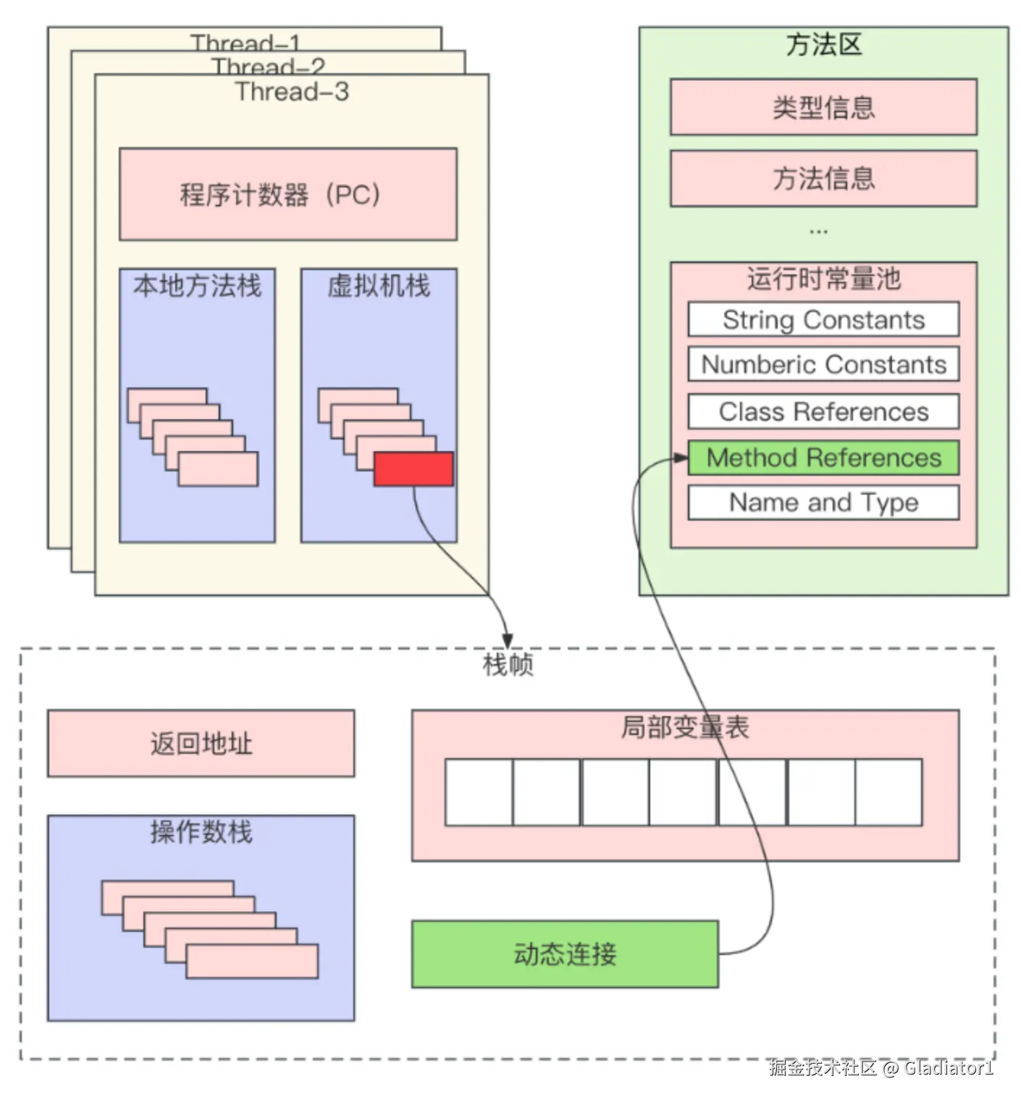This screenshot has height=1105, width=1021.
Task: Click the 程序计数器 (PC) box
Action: (x=287, y=194)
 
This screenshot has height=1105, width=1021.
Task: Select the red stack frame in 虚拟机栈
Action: (x=413, y=469)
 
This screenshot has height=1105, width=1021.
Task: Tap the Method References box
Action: (x=823, y=458)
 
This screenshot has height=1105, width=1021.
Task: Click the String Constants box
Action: (x=823, y=319)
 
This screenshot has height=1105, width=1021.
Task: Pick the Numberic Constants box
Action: (x=823, y=364)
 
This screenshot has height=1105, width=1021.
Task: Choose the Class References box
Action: (x=823, y=411)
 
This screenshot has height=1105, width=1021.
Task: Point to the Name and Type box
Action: (x=823, y=503)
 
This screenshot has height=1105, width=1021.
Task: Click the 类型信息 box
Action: (x=823, y=107)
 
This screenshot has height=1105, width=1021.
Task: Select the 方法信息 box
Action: (x=823, y=178)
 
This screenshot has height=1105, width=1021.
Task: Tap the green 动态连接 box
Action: (x=565, y=954)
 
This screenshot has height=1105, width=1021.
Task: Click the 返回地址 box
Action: (x=201, y=744)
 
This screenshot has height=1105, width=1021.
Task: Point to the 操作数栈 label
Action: (x=201, y=832)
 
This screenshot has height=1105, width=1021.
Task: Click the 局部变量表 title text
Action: (x=684, y=727)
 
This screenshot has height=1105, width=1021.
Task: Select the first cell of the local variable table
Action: (x=479, y=792)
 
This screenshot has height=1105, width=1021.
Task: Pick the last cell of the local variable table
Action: (x=888, y=792)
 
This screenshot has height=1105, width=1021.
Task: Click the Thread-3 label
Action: (x=292, y=92)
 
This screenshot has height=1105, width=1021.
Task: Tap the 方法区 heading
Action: (x=823, y=45)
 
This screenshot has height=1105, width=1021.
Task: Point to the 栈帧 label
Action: (x=508, y=664)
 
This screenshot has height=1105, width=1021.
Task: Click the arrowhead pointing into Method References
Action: (x=681, y=458)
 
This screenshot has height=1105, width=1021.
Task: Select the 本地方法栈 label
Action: (x=197, y=286)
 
